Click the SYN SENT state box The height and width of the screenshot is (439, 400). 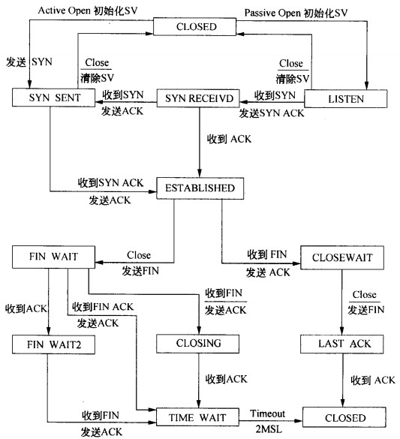[x=54, y=98]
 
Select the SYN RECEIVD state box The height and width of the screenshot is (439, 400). [x=198, y=98]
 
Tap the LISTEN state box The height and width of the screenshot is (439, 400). [x=346, y=99]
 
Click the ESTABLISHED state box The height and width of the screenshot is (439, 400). [x=200, y=188]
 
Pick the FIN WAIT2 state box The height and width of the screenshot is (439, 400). [x=53, y=344]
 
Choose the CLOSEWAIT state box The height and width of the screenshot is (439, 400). [x=342, y=257]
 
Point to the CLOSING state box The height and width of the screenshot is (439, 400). [x=197, y=344]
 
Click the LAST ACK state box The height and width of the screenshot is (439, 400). [x=341, y=344]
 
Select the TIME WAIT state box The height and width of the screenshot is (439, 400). [x=197, y=417]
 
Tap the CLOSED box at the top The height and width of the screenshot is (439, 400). [x=195, y=26]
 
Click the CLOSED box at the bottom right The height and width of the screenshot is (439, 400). [x=344, y=417]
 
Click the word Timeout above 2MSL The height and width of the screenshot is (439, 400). [x=267, y=413]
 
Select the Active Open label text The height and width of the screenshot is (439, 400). [x=64, y=11]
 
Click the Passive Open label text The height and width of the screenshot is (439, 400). [x=272, y=13]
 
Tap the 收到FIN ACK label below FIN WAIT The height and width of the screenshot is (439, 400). [x=103, y=307]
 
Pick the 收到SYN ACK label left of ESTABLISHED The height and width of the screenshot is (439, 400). [x=110, y=183]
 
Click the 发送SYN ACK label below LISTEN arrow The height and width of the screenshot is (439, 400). [x=272, y=113]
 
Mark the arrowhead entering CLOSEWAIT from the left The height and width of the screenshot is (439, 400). [x=296, y=263]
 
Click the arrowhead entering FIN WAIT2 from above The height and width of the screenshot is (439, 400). [x=49, y=331]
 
